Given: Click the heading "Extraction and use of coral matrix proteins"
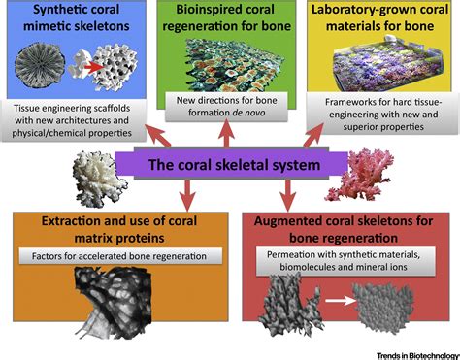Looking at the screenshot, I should point(85,226).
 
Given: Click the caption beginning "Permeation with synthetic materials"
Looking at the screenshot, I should point(349,261).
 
